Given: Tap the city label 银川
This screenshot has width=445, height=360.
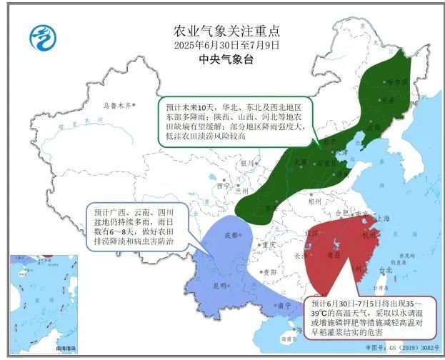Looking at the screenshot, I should (x=248, y=162).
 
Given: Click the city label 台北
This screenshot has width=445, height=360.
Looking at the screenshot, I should (x=386, y=270).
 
